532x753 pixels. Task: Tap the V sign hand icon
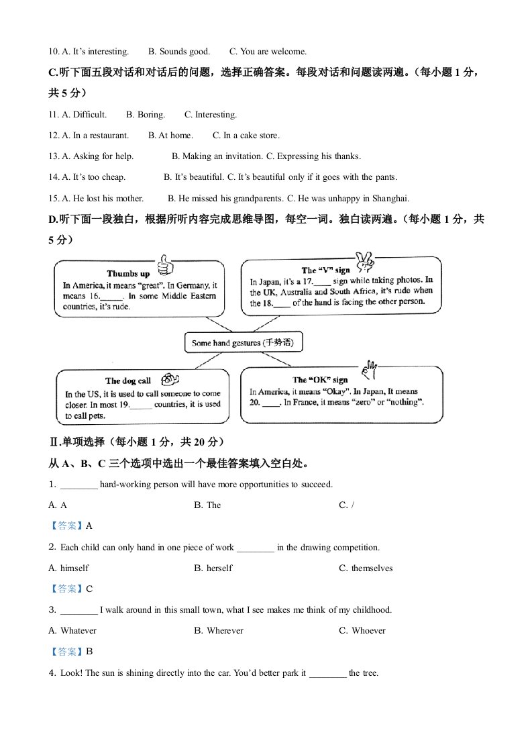pos(364,260)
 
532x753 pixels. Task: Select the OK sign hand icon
pos(368,369)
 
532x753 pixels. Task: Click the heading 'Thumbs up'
pos(128,274)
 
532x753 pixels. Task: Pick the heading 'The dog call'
pos(128,381)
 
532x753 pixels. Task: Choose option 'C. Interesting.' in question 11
pos(211,115)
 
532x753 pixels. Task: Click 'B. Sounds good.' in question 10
pos(179,51)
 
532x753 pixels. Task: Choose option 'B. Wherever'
pos(219,631)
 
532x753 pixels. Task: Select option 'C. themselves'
pos(366,568)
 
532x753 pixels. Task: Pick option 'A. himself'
pos(68,568)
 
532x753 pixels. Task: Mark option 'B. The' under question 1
pos(207,505)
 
